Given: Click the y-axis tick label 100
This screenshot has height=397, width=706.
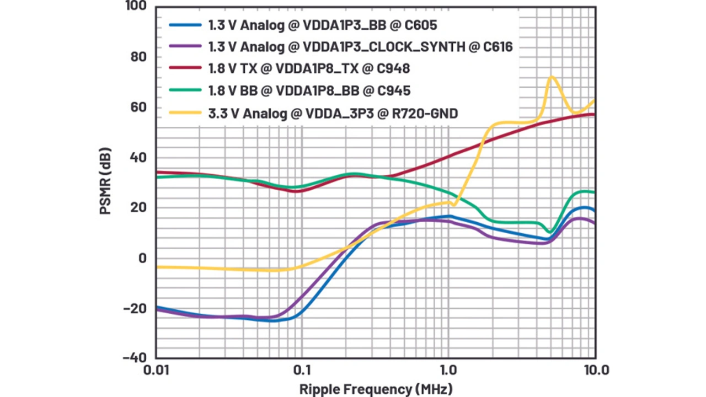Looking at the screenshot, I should pyautogui.click(x=135, y=7).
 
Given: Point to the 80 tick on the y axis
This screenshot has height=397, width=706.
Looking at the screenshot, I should pyautogui.click(x=137, y=57).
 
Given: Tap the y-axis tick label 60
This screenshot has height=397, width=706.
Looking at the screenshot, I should pyautogui.click(x=137, y=107).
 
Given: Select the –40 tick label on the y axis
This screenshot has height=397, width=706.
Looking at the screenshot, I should pyautogui.click(x=134, y=357).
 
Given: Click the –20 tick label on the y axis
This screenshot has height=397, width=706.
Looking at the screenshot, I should pyautogui.click(x=134, y=308).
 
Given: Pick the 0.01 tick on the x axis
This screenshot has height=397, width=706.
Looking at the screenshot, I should pyautogui.click(x=156, y=370).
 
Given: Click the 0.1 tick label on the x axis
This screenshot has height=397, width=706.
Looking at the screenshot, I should pyautogui.click(x=302, y=370).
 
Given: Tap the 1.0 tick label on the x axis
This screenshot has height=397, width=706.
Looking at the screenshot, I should pyautogui.click(x=448, y=370).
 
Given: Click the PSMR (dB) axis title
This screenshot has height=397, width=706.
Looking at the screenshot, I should pyautogui.click(x=105, y=181).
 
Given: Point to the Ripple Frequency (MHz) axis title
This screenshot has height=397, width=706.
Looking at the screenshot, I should pyautogui.click(x=376, y=389).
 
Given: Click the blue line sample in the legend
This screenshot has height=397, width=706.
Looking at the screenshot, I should pyautogui.click(x=185, y=25).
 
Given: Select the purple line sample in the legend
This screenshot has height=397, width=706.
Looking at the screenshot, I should pyautogui.click(x=185, y=47).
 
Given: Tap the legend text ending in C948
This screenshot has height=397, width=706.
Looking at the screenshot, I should pyautogui.click(x=309, y=69).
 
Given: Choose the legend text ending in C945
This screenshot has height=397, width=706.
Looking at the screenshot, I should pyautogui.click(x=309, y=91).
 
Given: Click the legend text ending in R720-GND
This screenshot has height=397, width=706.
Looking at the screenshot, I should pyautogui.click(x=333, y=114).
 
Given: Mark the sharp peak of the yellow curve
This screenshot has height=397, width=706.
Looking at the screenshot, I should pyautogui.click(x=551, y=77).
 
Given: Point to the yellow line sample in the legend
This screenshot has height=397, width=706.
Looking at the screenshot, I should pyautogui.click(x=185, y=114).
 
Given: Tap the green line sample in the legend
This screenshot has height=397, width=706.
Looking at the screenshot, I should pyautogui.click(x=185, y=91).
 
